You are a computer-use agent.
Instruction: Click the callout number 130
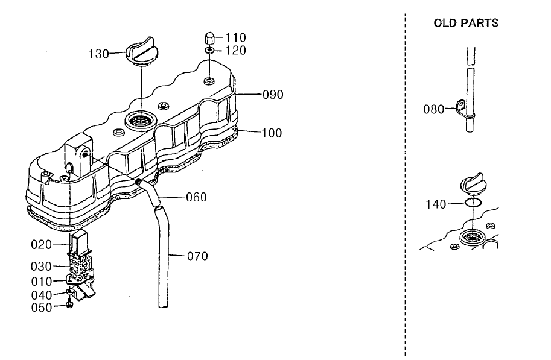pos(98,54)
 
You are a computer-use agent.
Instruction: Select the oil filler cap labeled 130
pos(142,52)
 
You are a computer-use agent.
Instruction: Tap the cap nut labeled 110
pos(209,38)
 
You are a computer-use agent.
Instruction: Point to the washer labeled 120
pos(209,51)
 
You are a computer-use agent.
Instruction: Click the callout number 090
pos(273,95)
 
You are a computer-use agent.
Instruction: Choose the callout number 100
pos(272,133)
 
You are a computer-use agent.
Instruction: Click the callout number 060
pos(196,197)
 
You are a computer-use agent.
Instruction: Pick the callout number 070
pos(197,256)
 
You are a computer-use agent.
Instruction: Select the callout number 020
pos(41,245)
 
